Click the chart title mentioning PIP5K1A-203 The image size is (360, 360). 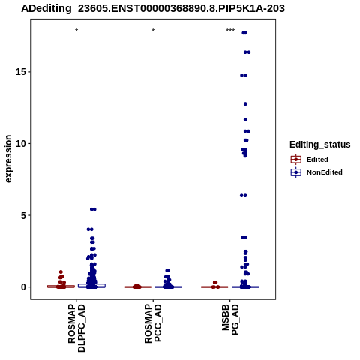pyautogui.click(x=153, y=9)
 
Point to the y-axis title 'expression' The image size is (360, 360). pyautogui.click(x=8, y=159)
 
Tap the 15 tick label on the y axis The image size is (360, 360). pyautogui.click(x=21, y=72)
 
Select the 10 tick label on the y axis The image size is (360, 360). pyautogui.click(x=21, y=144)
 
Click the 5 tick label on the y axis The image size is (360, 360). pyautogui.click(x=23, y=215)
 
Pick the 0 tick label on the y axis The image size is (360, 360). pyautogui.click(x=23, y=287)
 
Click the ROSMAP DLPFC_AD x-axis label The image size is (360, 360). pyautogui.click(x=76, y=328)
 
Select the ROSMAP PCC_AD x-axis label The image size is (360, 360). pyautogui.click(x=153, y=323)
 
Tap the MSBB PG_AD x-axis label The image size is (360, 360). pyautogui.click(x=230, y=319)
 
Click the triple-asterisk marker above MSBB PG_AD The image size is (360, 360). pyautogui.click(x=230, y=31)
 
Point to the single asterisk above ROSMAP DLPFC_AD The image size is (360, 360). pyautogui.click(x=76, y=31)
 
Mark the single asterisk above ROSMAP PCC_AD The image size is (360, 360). pyautogui.click(x=153, y=31)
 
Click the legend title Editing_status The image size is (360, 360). pyautogui.click(x=320, y=145)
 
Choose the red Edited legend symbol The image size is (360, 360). pyautogui.click(x=296, y=160)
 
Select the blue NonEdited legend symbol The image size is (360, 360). pyautogui.click(x=296, y=172)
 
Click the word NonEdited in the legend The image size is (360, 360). pyautogui.click(x=325, y=172)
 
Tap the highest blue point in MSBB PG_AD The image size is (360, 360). pyautogui.click(x=244, y=33)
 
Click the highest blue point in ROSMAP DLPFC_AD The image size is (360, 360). pyautogui.click(x=93, y=209)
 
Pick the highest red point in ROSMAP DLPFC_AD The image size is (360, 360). pyautogui.click(x=61, y=272)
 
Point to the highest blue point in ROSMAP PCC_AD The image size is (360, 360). pyautogui.click(x=167, y=271)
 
